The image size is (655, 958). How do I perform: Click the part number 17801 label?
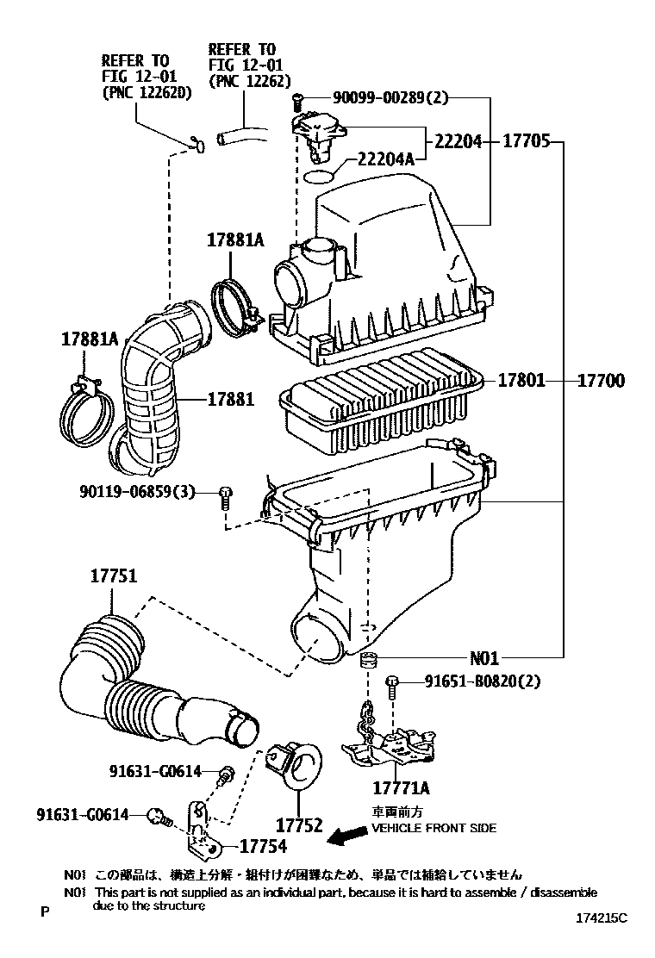tap(521, 380)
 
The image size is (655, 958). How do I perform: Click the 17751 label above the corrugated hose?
tap(113, 578)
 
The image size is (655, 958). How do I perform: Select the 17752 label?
tap(299, 826)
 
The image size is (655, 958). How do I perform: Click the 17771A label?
tap(401, 787)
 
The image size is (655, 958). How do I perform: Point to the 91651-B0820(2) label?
tap(483, 681)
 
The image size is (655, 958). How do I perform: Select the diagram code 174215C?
tap(602, 918)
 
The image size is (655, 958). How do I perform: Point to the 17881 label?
tap(230, 399)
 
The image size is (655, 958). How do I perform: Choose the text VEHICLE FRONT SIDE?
tap(434, 828)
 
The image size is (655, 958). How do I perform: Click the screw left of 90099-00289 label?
tap(298, 100)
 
